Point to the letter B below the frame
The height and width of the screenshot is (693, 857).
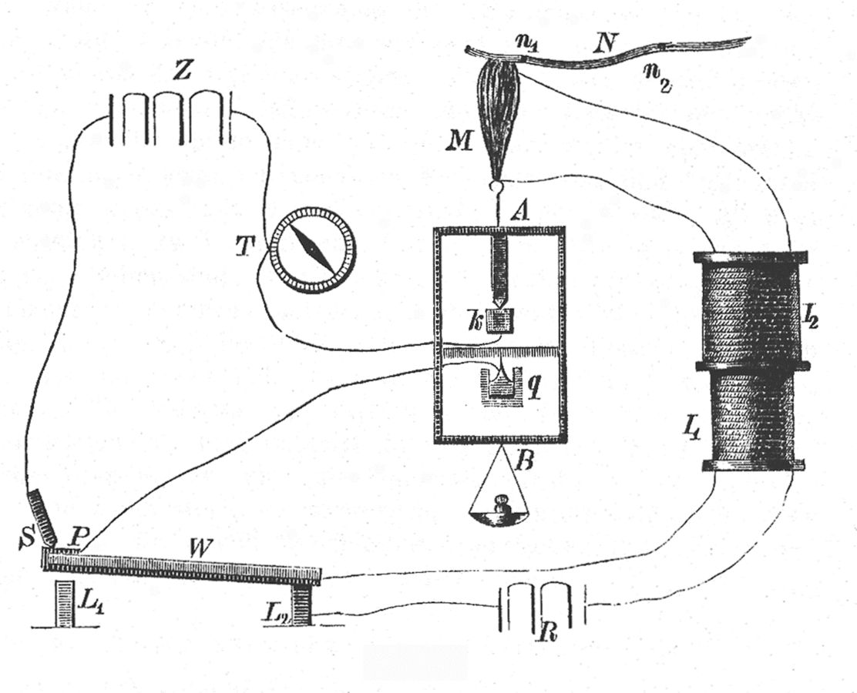(x=526, y=464)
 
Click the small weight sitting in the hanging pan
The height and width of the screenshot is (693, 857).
(x=502, y=509)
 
